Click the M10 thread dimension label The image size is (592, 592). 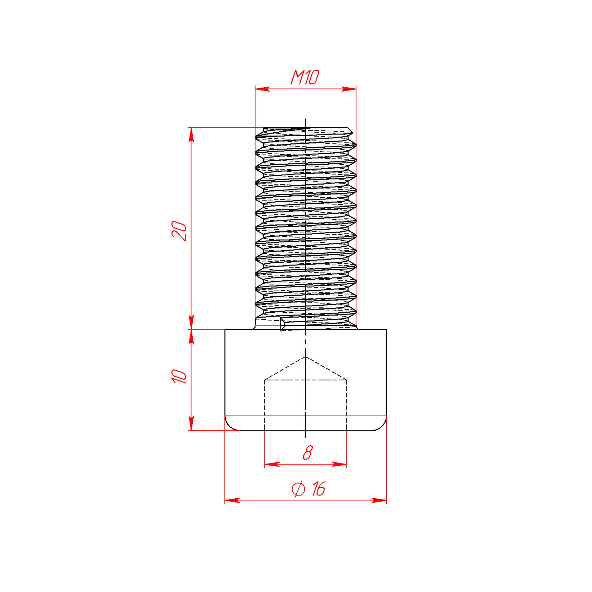coord(305,77)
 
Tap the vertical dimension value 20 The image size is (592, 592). coord(179,231)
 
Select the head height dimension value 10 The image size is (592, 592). coord(179,376)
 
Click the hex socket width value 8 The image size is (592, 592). coord(307,452)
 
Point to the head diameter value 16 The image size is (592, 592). coord(319,489)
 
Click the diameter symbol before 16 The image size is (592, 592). coord(298,489)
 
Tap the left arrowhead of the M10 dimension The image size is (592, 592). coord(262,89)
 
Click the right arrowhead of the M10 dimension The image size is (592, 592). coord(349,89)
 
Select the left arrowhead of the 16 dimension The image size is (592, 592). coord(232,500)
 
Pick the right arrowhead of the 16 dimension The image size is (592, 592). coord(379,500)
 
